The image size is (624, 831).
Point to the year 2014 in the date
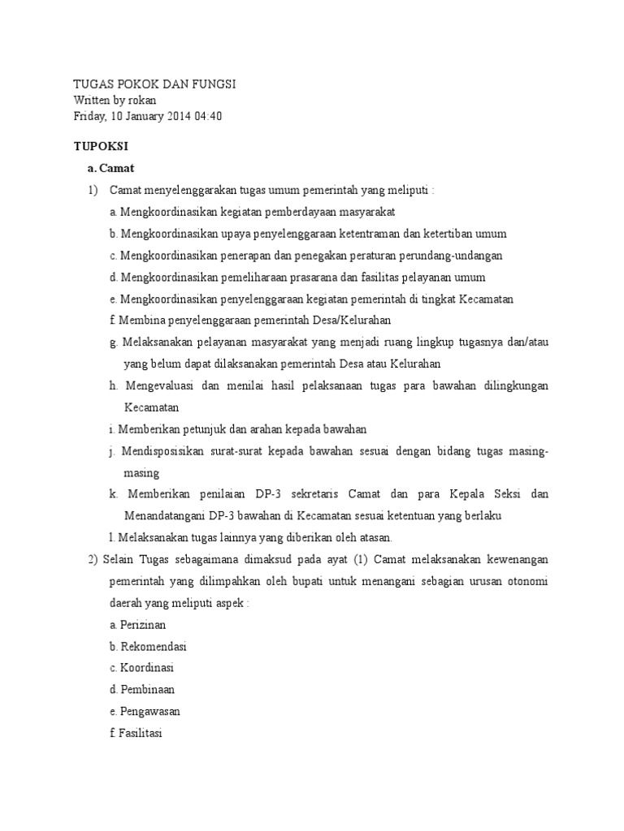174,115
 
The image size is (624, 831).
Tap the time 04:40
207,115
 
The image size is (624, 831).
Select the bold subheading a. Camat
115,168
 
